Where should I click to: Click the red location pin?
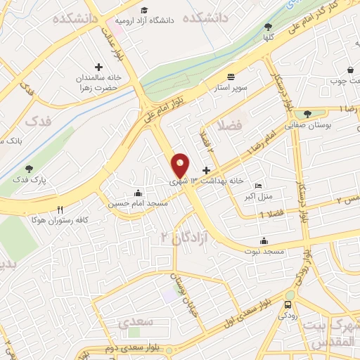tap(181, 165)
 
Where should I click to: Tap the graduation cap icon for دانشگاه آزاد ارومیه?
tap(144, 10)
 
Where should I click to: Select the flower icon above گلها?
tap(269, 25)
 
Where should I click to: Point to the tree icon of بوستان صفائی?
tap(307, 114)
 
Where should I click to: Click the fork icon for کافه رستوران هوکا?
tap(60, 210)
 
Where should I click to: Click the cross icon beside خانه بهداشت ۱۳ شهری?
tap(206, 170)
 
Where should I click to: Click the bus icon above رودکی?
tap(288, 304)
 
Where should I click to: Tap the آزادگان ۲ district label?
tap(176, 236)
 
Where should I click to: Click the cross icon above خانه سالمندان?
tap(98, 66)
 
